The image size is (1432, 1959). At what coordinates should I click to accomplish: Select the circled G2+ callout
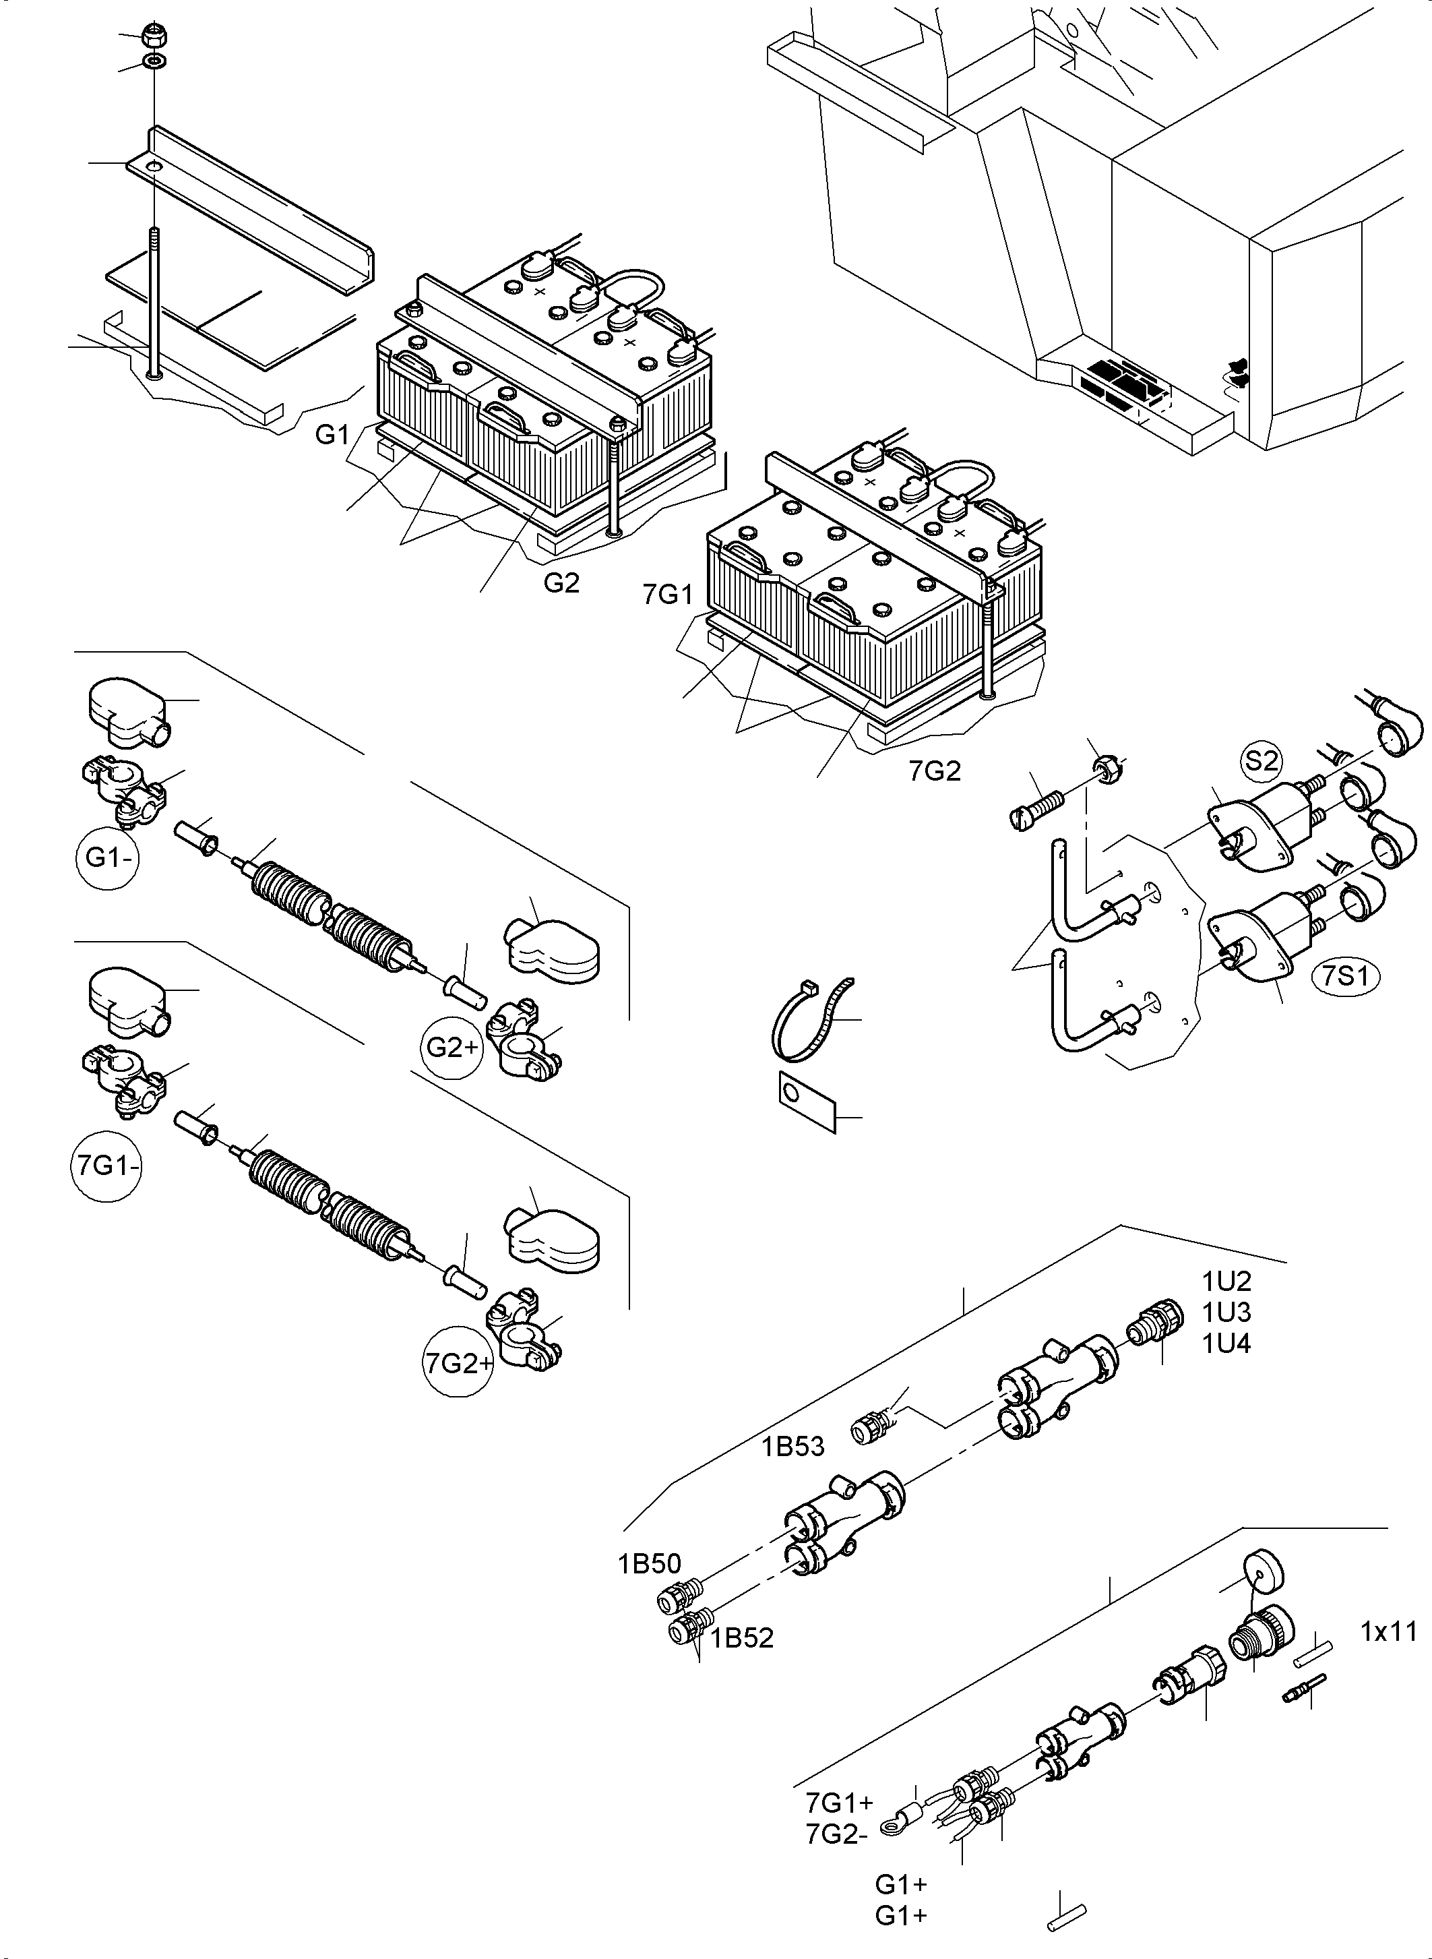[x=452, y=1048]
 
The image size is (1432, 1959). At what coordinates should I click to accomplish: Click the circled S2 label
[x=1260, y=760]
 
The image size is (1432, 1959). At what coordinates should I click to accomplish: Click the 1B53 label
[x=793, y=1447]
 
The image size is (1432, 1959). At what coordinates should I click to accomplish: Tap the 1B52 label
[x=742, y=1637]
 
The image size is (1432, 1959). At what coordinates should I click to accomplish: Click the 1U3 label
[x=1226, y=1312]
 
